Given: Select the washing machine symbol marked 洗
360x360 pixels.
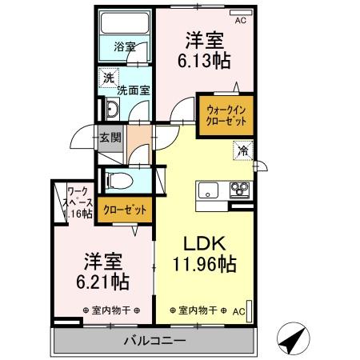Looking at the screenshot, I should tap(108, 78).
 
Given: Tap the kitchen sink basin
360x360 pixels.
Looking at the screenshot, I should tap(208, 190).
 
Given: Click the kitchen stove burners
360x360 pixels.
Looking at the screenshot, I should tap(239, 190).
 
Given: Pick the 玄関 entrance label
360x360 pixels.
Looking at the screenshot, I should tap(110, 137).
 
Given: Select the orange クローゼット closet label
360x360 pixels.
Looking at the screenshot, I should tap(126, 210).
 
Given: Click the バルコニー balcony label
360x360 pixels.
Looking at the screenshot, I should tap(153, 341).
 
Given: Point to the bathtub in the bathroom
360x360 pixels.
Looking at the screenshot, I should tap(126, 22).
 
